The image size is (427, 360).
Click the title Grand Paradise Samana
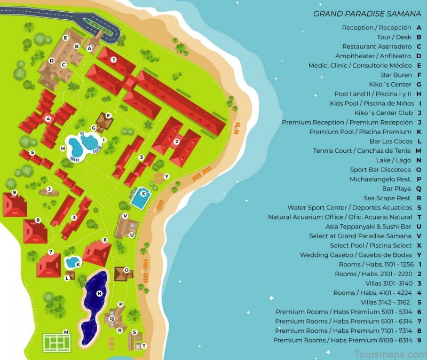click(x=367, y=14)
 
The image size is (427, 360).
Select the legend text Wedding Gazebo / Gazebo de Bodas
click(x=356, y=255)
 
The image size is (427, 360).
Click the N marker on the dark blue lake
click(x=99, y=293)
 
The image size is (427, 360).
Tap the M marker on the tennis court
click(x=66, y=332)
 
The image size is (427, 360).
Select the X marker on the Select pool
click(x=143, y=193)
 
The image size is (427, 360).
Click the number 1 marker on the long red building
click(x=113, y=60)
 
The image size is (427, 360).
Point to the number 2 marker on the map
click(x=176, y=142)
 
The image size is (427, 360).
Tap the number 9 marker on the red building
click(x=14, y=192)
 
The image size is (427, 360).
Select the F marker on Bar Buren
click(x=108, y=115)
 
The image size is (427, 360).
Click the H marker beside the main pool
click(x=63, y=148)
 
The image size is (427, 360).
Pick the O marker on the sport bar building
click(x=126, y=270)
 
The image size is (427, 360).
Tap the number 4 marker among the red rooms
click(x=48, y=119)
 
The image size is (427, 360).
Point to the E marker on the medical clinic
click(x=65, y=37)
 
